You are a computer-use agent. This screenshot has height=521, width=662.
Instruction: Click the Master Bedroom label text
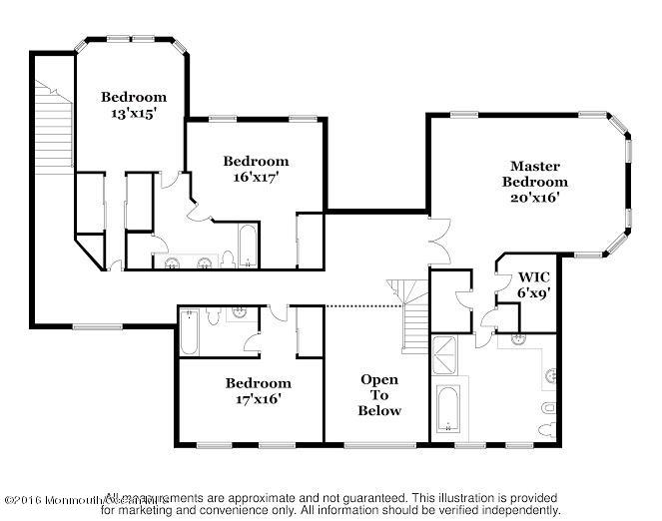point(534,173)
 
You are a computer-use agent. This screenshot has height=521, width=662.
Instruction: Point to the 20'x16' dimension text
point(534,197)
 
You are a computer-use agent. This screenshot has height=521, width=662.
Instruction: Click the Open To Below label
point(379,394)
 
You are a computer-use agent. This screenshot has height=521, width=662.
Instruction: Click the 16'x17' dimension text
point(256,177)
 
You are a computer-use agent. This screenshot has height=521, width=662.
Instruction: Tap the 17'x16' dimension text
point(257,398)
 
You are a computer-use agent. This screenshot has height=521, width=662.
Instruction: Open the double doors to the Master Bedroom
point(435,241)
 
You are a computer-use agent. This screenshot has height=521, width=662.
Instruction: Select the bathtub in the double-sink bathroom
point(247,245)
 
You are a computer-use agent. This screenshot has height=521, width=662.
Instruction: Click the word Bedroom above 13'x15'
point(133,97)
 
